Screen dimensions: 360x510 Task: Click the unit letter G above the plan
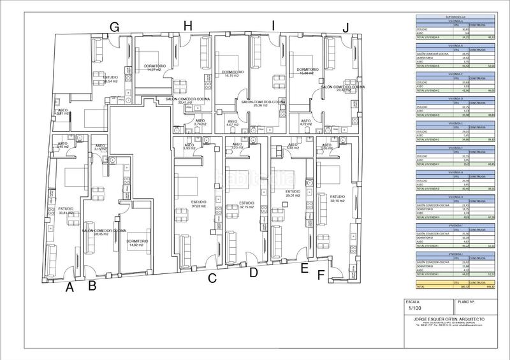coord(115,27)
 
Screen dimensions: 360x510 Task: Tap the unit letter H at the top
coord(187,26)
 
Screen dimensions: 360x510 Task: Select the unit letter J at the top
coord(346,27)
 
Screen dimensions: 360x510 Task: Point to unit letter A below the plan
coord(69,287)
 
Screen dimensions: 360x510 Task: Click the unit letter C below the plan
coord(212,278)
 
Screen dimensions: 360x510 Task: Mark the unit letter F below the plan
coord(320,275)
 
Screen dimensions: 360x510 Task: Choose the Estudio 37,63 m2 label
coord(200,205)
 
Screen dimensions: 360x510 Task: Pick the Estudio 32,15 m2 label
coord(337,199)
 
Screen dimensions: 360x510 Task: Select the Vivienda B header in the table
coord(455,47)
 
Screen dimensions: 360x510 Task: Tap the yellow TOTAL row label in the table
coord(422,287)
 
